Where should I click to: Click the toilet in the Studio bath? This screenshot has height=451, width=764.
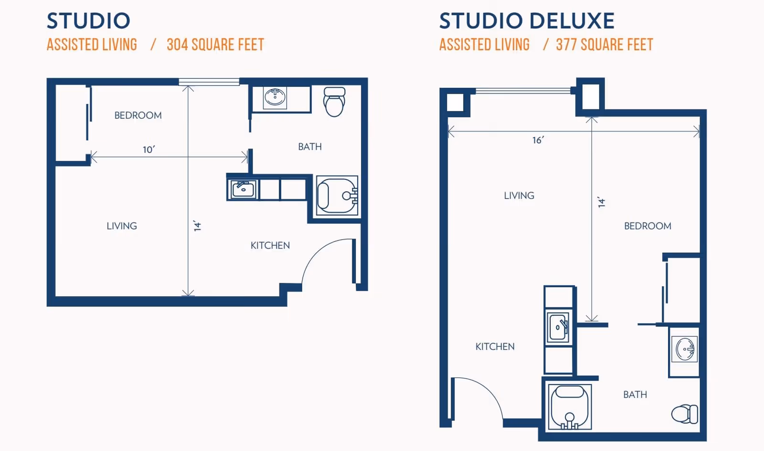coord(334,102)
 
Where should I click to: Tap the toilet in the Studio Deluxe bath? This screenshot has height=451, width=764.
coord(685,414)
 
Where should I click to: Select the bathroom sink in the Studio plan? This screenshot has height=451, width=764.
coord(275,97)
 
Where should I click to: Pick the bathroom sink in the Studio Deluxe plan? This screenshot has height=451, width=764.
coord(685,349)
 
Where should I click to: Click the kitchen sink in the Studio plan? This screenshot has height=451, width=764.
coord(243,189)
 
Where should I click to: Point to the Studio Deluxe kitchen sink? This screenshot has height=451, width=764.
coord(558,327)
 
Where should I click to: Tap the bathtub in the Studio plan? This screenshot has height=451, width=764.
coord(337,196)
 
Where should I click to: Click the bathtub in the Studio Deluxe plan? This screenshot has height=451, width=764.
coord(570,407)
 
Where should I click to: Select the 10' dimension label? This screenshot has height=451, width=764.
coord(149,150)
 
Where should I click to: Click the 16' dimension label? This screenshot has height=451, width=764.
coord(538,140)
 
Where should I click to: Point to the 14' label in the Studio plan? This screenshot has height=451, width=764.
coord(198,226)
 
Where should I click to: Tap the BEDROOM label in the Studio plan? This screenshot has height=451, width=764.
coord(138,115)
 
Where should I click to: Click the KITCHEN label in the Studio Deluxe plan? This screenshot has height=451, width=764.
coord(495,346)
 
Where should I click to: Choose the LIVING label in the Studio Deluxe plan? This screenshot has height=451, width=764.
coord(519,196)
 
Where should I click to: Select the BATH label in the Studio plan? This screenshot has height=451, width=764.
coord(310,147)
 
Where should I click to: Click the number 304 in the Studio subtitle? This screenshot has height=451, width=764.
coord(177,45)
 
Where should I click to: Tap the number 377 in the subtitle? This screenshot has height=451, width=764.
coord(566,45)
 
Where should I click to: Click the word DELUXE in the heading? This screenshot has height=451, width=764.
coord(572,21)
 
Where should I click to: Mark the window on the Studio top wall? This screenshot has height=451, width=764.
coord(209,82)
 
